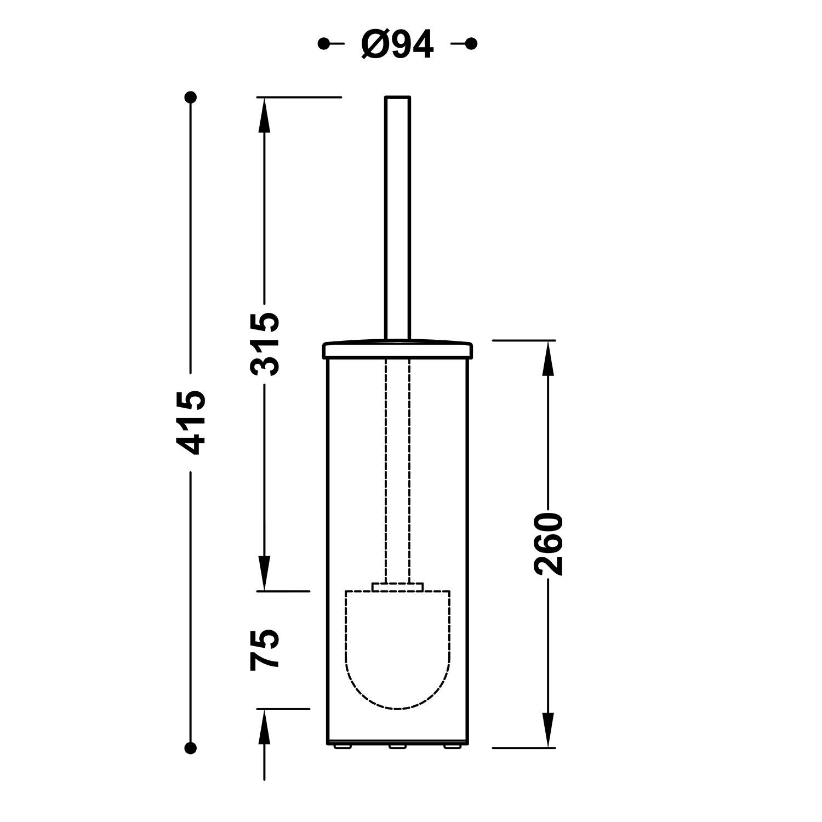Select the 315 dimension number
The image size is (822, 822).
point(265,344)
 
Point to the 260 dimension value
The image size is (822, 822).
point(549,544)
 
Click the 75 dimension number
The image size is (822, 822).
point(265,649)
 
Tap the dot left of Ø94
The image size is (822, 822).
point(324,43)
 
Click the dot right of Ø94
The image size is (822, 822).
point(471,43)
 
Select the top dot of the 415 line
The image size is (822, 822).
point(191,98)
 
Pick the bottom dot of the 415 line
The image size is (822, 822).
point(191,747)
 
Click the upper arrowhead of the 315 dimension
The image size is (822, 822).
point(264,115)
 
